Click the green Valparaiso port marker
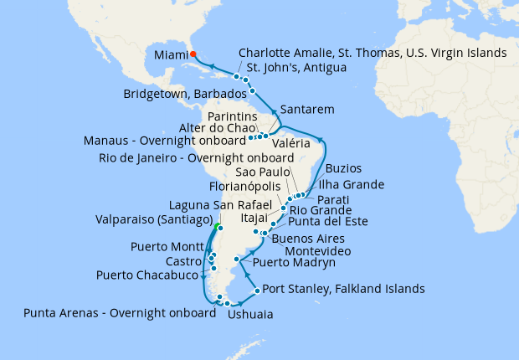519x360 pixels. pos(217,227)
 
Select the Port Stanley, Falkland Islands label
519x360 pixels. pos(343,290)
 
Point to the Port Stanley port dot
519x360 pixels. pos(256,291)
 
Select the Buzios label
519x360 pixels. pos(343,168)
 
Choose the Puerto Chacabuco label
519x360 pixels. pos(147,275)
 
